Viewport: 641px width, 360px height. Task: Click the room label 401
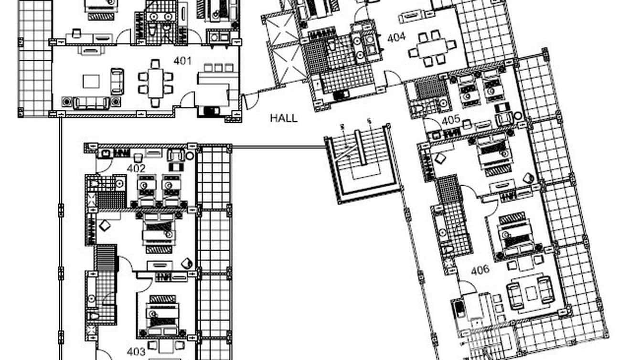(182, 61)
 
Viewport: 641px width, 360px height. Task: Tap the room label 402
(136, 168)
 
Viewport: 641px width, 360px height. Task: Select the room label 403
(136, 351)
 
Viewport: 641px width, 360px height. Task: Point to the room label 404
(396, 37)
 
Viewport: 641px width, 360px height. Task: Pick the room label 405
(451, 120)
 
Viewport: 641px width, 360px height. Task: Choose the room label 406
(480, 270)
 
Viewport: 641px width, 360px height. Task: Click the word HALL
(284, 118)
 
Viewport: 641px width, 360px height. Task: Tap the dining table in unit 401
(155, 83)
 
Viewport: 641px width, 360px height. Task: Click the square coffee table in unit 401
(91, 82)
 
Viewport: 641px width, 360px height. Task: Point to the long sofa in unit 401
(91, 103)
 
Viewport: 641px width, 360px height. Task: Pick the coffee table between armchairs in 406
(531, 294)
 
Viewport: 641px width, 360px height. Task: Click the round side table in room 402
(190, 156)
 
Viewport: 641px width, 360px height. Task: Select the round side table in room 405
(518, 116)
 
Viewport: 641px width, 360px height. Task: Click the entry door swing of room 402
(104, 166)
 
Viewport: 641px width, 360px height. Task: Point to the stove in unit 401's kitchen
(210, 111)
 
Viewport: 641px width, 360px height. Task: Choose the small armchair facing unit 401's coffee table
(118, 82)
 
